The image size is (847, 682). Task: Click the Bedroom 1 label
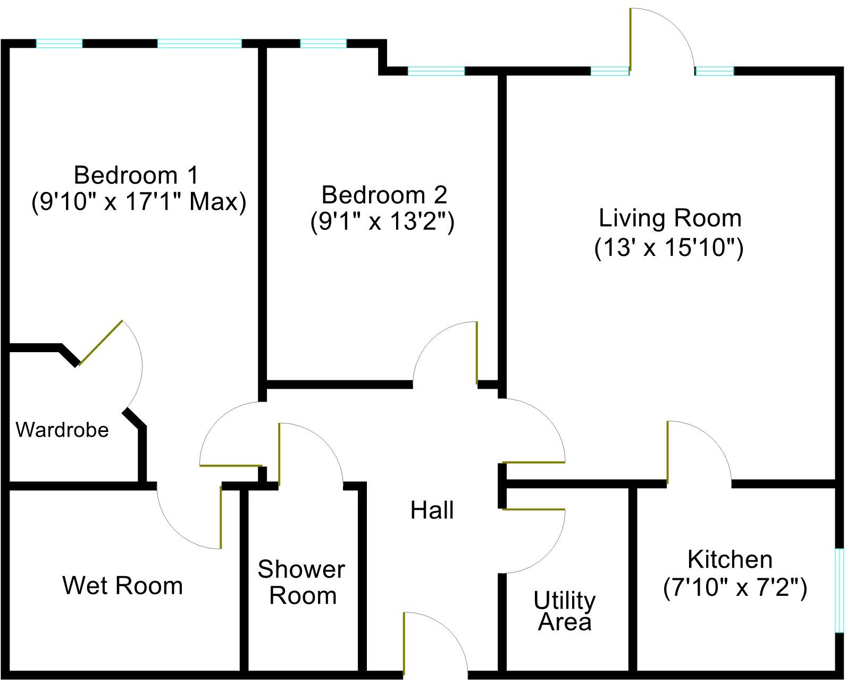[136, 175]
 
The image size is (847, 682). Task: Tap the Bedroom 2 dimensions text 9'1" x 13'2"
[382, 222]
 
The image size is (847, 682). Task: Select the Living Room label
[670, 218]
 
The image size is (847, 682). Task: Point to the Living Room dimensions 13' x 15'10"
[669, 248]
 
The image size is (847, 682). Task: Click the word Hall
[432, 510]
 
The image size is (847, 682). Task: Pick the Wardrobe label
[62, 430]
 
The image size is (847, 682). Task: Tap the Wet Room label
[123, 586]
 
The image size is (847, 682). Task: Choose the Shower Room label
[302, 583]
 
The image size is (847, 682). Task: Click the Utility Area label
[565, 611]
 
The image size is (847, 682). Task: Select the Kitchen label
[729, 560]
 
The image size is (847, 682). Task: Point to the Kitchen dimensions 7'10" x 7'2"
[735, 588]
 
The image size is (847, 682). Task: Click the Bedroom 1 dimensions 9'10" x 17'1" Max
[139, 202]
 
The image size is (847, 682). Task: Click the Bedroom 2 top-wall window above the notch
[323, 44]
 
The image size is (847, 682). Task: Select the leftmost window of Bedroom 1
[59, 44]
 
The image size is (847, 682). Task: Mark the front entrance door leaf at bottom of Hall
[404, 643]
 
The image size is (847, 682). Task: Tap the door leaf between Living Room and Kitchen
[667, 452]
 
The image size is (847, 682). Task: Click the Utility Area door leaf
[533, 510]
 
